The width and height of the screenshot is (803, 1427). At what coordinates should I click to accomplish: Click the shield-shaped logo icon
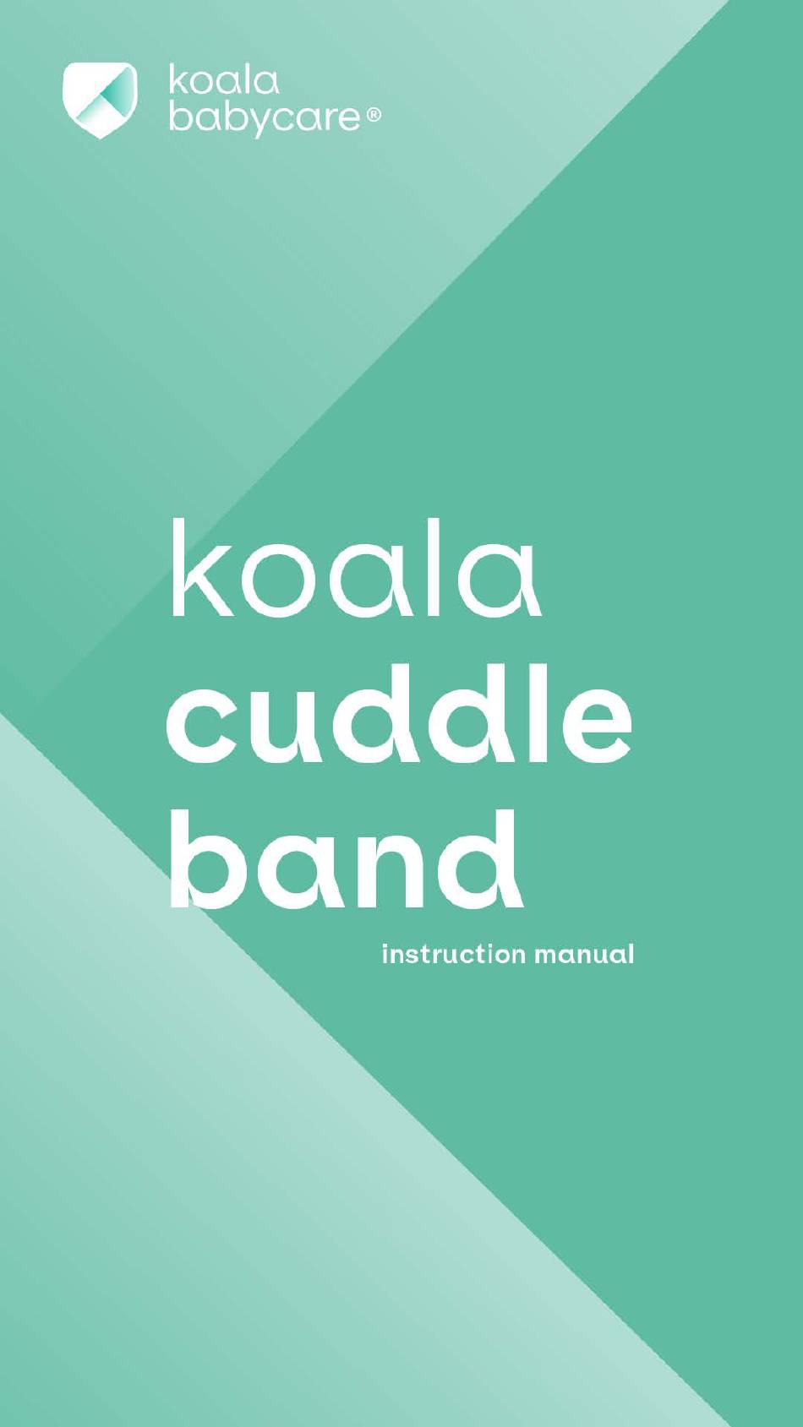click(100, 100)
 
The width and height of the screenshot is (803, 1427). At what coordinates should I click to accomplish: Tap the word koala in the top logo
click(224, 82)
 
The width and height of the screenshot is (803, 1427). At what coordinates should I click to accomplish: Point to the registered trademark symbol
click(374, 116)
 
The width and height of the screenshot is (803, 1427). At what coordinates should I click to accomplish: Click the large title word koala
click(356, 568)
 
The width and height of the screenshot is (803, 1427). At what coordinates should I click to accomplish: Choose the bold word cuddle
click(400, 713)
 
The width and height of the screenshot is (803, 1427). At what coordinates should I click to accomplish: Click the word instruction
click(455, 955)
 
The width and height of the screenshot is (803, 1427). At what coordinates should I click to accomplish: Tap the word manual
click(584, 955)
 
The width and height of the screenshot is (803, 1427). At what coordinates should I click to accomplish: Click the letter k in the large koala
click(203, 568)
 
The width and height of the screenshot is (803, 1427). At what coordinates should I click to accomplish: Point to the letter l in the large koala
click(432, 568)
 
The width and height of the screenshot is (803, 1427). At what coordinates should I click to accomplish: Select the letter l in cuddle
click(538, 712)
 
